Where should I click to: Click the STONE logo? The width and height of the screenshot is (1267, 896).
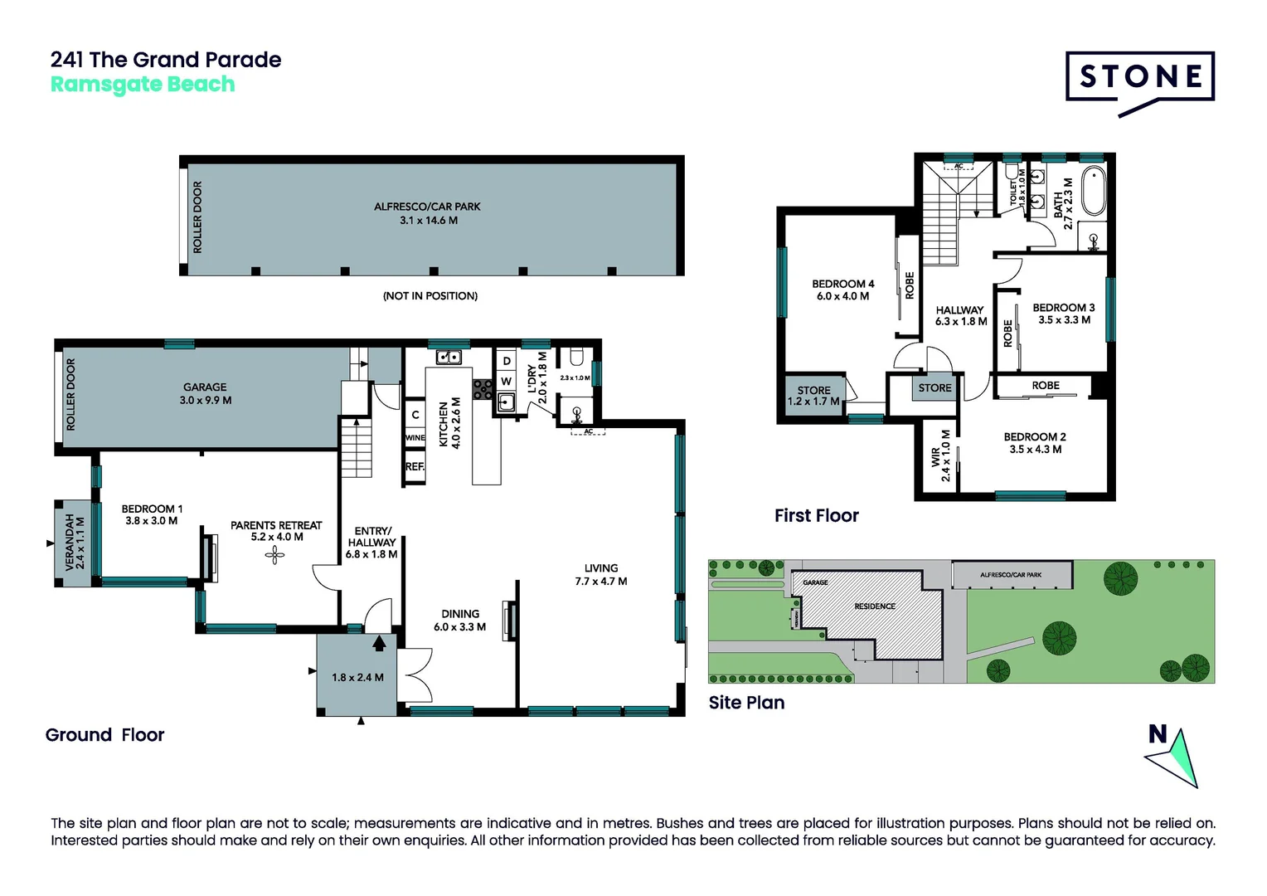1139,78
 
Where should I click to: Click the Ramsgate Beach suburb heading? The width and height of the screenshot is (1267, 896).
143,85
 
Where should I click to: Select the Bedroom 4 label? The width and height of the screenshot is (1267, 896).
842,290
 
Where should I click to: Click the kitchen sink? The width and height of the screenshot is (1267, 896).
449,358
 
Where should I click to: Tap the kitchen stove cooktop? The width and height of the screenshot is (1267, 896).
483,389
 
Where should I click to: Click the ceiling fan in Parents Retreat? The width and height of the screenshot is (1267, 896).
274,555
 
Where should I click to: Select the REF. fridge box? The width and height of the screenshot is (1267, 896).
415,467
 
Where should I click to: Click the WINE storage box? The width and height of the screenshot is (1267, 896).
415,437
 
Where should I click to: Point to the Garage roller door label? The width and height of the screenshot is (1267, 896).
70,394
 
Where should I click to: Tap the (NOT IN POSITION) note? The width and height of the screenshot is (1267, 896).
430,296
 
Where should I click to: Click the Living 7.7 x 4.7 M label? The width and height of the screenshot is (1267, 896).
600,574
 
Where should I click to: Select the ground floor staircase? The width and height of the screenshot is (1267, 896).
357,447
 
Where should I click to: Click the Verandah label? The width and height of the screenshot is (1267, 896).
75,543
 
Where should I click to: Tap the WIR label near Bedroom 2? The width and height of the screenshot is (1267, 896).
940,455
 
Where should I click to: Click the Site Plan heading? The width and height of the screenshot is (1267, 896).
746,703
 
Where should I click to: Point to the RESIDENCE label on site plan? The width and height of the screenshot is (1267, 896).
874,606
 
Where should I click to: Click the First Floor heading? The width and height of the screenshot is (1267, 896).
816,516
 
